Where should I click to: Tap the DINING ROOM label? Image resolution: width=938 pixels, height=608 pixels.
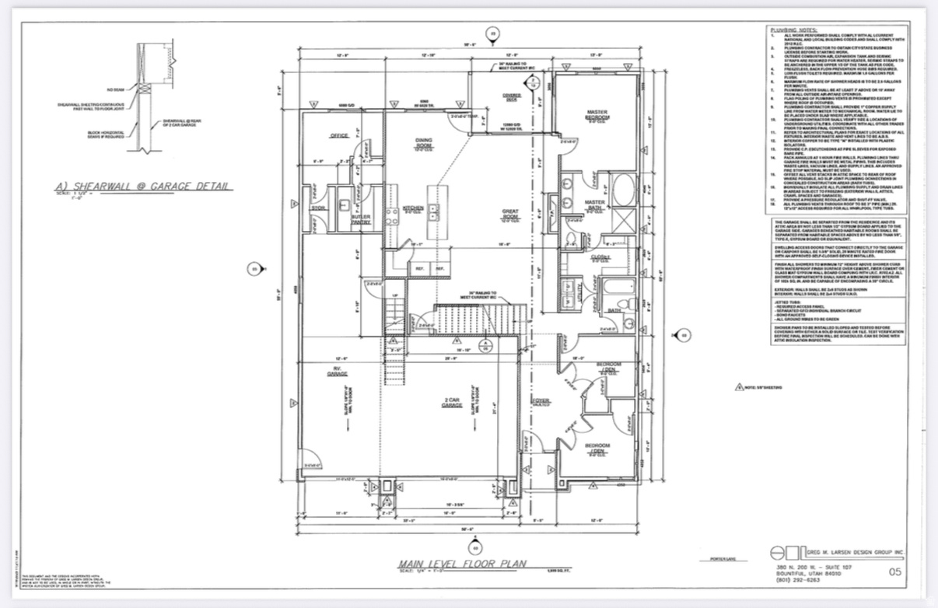point(423,143)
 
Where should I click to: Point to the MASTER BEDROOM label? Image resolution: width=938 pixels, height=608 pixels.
point(597,115)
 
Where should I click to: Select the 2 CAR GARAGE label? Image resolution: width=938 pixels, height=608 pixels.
point(452,403)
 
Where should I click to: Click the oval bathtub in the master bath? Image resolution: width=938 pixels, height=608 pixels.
point(624,188)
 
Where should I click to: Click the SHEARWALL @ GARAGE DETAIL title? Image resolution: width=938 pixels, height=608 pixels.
point(142,187)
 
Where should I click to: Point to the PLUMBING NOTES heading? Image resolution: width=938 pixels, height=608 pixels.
point(791,28)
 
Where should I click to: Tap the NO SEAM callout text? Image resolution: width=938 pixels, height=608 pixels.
point(115,89)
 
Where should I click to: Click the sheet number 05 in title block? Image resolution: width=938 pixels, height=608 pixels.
point(894,572)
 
